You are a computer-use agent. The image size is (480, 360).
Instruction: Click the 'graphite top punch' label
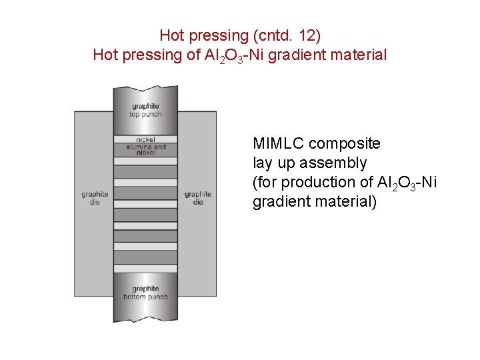tap(145, 110)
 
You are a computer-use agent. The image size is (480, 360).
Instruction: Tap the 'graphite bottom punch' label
tap(145, 293)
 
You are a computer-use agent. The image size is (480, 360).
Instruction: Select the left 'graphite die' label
tap(95, 198)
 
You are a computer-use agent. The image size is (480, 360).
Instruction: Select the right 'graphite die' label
tap(197, 198)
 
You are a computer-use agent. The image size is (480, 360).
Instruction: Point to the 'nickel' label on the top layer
tap(145, 140)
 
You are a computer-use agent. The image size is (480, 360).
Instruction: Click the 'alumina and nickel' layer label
tap(145, 149)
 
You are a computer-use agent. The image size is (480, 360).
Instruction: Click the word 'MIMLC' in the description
tap(279, 143)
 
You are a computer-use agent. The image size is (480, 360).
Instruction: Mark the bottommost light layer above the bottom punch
tap(145, 268)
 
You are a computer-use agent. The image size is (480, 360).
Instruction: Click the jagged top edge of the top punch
tap(145, 88)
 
